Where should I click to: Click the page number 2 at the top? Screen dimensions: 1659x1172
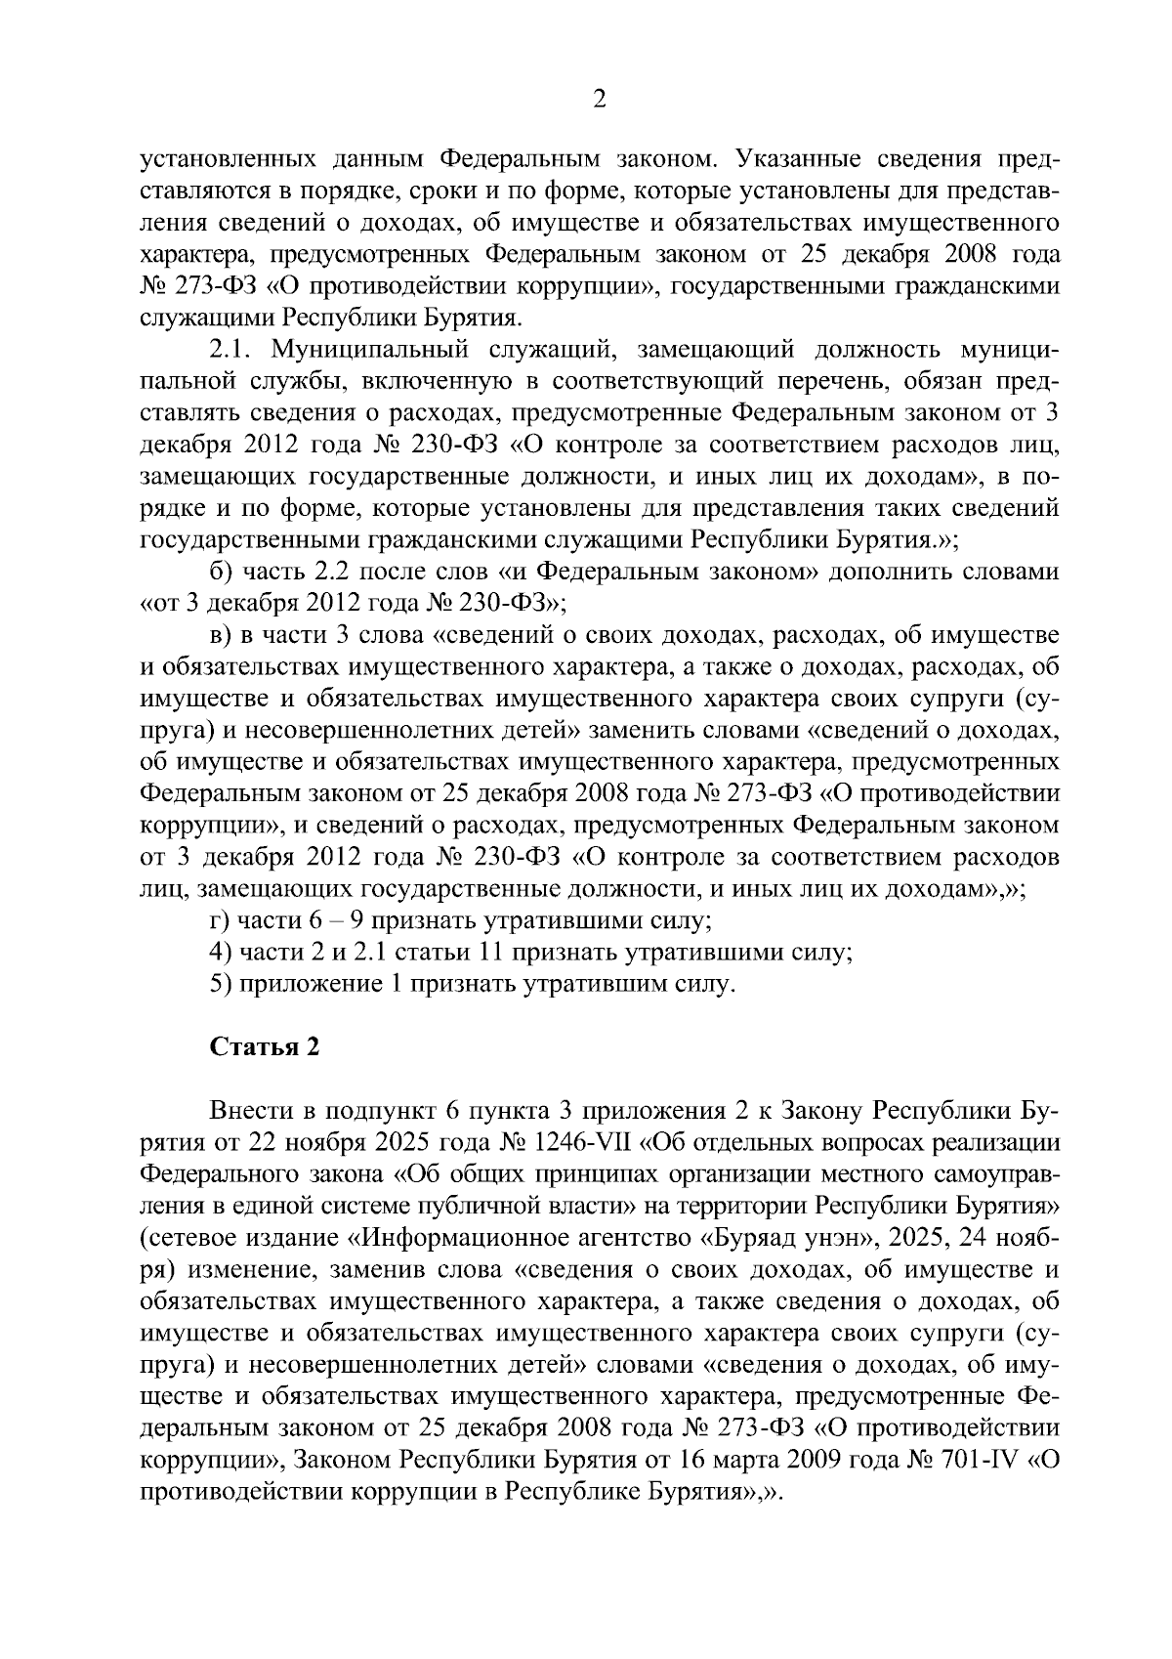600,99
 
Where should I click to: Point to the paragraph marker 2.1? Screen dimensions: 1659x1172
234,350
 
